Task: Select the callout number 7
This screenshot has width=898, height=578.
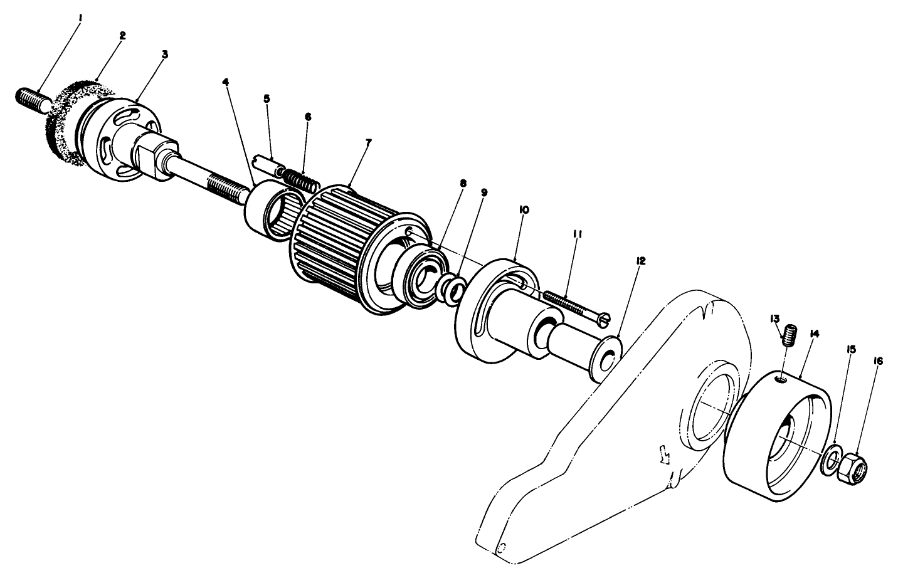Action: point(368,143)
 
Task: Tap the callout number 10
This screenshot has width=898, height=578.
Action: point(524,211)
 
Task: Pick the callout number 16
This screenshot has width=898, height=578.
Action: point(877,361)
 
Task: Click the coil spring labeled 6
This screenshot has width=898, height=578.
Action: point(301,181)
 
